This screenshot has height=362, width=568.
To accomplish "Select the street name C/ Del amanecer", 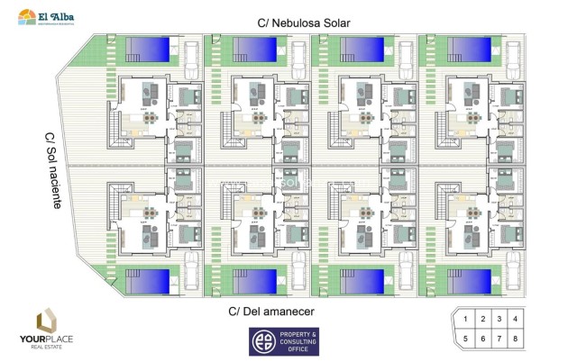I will point(275,312).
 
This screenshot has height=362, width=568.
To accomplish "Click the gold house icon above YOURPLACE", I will point(48,321).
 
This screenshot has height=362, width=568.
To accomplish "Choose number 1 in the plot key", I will point(465,319).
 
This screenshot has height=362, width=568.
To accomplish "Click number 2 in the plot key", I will point(481,319).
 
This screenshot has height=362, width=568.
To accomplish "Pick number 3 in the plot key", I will point(498,319).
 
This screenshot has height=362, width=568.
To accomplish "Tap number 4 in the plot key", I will point(515,319).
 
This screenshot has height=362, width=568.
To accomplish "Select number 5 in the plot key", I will point(465,339).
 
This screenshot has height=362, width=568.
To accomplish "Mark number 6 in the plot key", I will point(481,339).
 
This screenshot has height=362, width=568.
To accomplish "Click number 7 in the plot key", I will point(498,339).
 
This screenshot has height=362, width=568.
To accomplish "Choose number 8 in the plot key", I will point(515,339).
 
